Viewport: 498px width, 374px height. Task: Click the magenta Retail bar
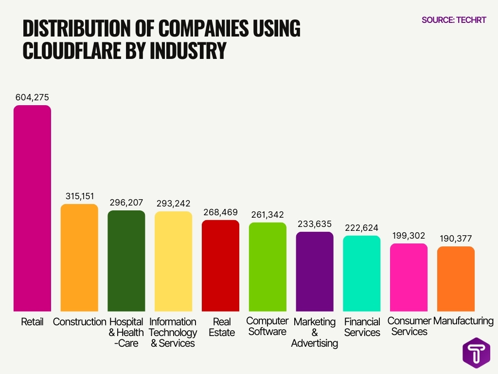[x=32, y=208]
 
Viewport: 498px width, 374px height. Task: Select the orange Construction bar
[x=79, y=258]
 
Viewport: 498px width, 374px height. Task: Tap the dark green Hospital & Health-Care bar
[x=126, y=261]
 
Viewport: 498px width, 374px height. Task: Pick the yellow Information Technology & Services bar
[x=174, y=262]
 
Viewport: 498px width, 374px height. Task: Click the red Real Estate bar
[x=221, y=266]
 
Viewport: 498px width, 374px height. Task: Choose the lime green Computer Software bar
[x=268, y=267]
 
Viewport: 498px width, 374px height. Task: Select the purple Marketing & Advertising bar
[x=315, y=272]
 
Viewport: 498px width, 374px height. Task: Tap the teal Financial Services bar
[x=362, y=274]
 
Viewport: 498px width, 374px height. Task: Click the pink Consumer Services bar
[x=409, y=278]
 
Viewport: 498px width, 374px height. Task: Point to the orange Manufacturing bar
[x=456, y=279]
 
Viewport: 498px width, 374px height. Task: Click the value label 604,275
[x=32, y=97]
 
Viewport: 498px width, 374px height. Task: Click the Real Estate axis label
[x=221, y=327]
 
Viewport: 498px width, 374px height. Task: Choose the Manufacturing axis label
[x=463, y=321]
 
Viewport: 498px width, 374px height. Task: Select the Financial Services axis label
[x=362, y=327]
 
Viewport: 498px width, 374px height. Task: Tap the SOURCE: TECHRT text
[x=454, y=20]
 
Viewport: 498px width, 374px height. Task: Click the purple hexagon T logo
[x=476, y=353]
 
